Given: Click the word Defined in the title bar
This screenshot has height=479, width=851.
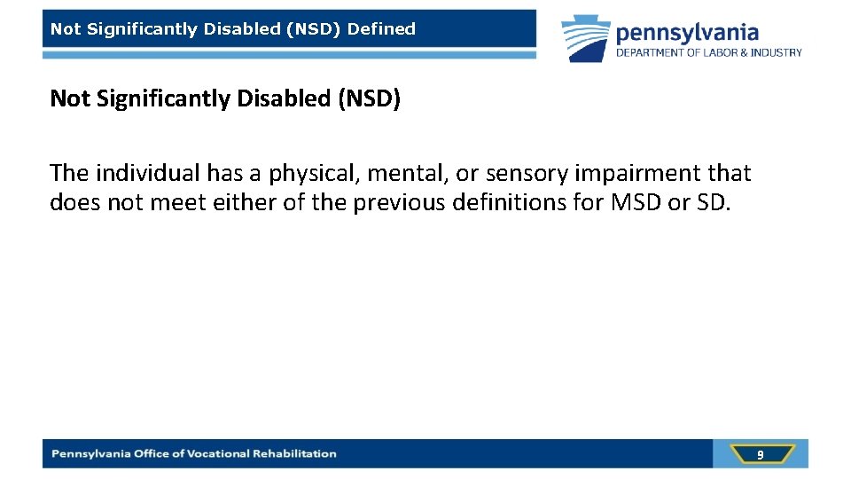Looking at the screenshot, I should point(381,29).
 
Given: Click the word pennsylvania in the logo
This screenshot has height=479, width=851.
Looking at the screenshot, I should point(687,33).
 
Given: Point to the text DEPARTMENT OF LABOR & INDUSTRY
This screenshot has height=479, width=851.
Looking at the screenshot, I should point(709,52).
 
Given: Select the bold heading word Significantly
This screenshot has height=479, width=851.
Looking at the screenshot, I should point(157,99).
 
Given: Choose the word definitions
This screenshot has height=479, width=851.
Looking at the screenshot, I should point(509,202).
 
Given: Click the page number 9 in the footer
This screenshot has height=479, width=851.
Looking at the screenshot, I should point(760,455).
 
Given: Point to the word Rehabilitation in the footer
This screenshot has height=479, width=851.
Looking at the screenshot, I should point(294,454).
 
